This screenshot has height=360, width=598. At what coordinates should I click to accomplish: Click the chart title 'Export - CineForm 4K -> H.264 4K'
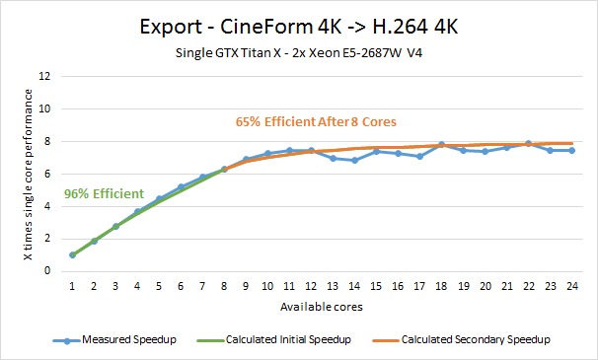299,27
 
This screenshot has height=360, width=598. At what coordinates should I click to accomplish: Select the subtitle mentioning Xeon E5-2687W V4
299,52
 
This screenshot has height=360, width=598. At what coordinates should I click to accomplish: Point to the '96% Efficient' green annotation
104,193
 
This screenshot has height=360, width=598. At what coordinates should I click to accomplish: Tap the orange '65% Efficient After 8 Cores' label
316,121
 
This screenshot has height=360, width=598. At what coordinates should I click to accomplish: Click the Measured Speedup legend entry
114,340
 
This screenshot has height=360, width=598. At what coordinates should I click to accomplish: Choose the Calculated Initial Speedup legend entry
273,340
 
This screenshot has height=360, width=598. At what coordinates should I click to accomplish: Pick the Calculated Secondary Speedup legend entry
461,340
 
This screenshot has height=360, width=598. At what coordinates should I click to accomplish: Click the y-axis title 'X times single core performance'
28,175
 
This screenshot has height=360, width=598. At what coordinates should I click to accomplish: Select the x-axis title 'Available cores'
322,307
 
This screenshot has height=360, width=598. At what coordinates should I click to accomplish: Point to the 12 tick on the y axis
44,76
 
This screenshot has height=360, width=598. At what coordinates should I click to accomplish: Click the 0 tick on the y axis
47,271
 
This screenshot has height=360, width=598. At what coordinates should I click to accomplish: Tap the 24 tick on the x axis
572,286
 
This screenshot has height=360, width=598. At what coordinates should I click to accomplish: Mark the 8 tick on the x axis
224,286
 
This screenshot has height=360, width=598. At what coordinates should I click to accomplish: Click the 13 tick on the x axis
333,286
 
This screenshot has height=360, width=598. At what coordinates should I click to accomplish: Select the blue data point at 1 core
72,254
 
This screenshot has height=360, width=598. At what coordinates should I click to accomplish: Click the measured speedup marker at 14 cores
354,160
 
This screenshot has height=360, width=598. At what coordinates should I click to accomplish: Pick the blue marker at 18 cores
442,145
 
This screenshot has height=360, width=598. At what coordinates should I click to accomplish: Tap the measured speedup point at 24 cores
572,151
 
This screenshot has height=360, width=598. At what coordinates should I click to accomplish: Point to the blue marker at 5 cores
159,199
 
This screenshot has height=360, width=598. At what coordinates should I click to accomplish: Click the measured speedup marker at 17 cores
420,156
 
